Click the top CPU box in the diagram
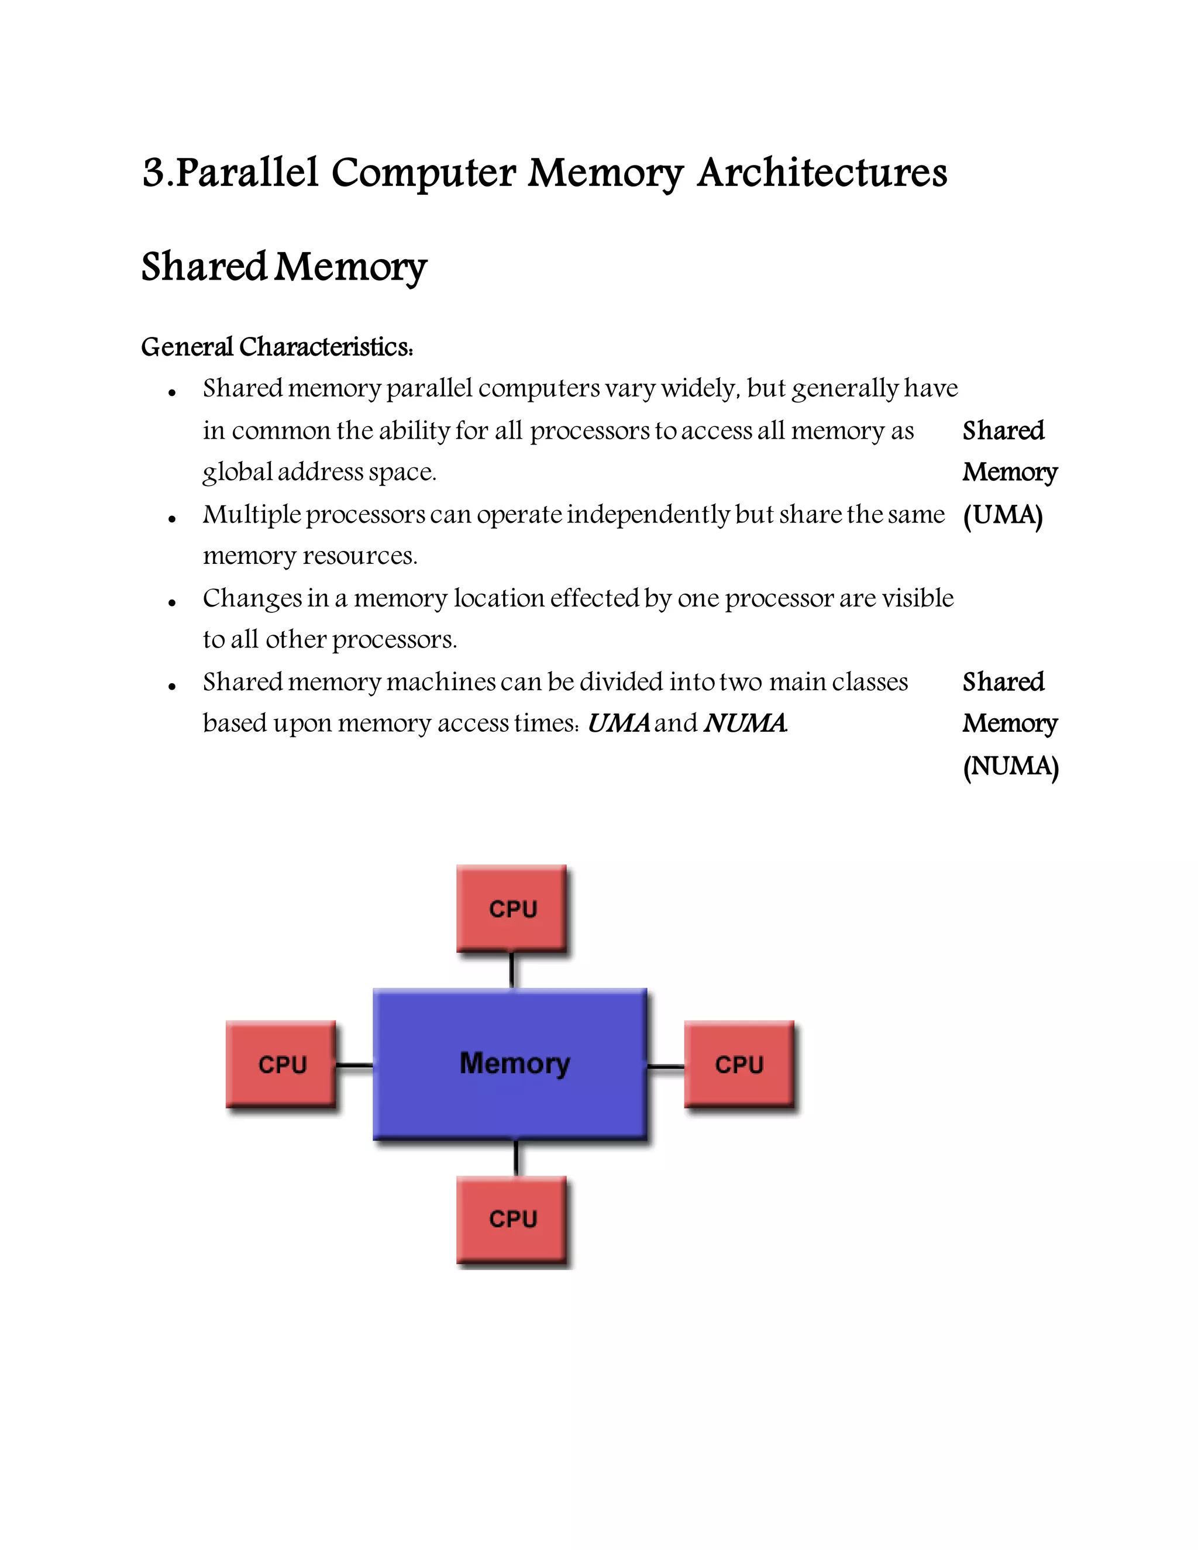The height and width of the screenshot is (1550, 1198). (512, 908)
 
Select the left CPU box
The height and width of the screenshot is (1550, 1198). (281, 1064)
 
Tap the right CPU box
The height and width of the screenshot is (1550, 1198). (739, 1064)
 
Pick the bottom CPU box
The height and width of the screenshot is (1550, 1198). (512, 1218)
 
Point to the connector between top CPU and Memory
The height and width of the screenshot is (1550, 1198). (512, 969)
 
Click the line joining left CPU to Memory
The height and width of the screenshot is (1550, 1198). (354, 1065)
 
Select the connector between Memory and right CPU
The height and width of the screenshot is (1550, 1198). (666, 1066)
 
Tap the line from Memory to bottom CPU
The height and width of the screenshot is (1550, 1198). (516, 1158)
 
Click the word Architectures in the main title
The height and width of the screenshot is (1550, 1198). (822, 173)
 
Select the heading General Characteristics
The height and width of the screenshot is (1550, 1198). (277, 347)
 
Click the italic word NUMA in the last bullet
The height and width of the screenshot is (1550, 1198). (745, 723)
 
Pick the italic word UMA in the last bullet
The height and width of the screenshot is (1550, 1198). (618, 723)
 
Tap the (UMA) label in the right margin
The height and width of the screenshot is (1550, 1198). (1002, 515)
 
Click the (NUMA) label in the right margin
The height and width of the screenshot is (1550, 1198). (1010, 766)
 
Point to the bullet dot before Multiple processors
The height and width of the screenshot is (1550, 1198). (172, 519)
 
